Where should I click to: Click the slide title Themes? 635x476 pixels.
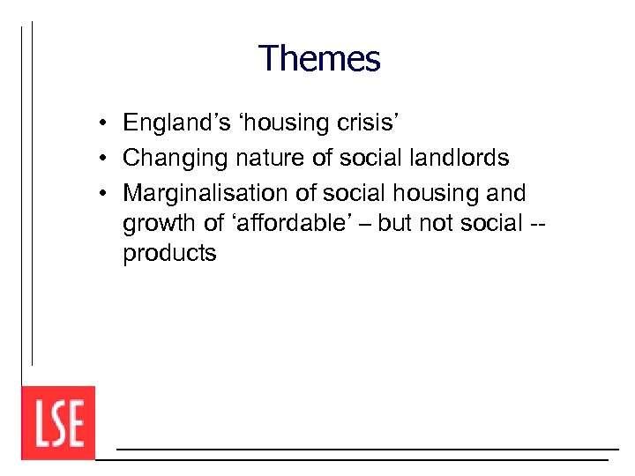click(319, 60)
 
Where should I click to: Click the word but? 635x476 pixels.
click(396, 223)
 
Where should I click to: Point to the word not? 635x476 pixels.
click(436, 223)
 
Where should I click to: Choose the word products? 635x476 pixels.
click(169, 254)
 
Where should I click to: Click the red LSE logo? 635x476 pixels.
click(58, 423)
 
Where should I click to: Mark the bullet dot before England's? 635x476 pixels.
click(103, 123)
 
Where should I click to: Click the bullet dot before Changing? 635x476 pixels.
click(103, 159)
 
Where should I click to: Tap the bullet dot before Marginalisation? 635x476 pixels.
click(103, 194)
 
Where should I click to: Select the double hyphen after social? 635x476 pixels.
click(537, 225)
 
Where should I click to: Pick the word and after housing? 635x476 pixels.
click(504, 193)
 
